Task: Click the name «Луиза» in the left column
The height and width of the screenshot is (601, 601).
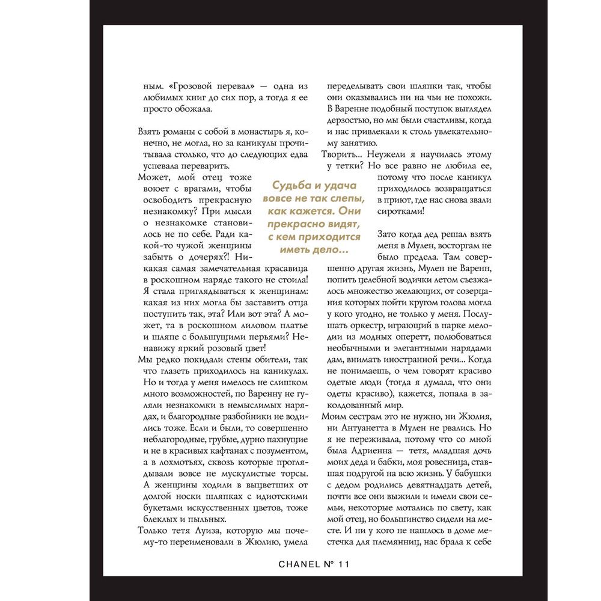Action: click(196, 530)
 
